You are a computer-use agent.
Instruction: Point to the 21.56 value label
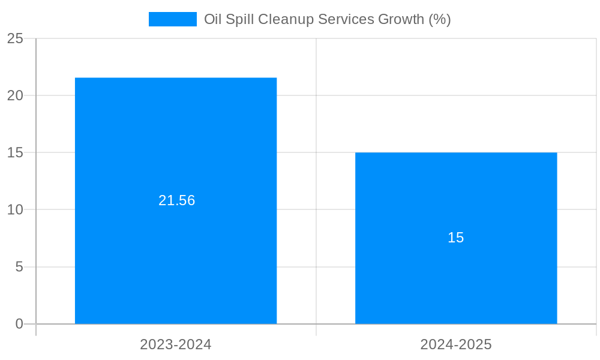point(176,200)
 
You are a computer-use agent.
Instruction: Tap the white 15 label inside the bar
point(456,238)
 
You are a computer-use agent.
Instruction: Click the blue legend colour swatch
point(172,19)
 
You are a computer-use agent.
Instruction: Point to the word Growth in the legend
point(401,19)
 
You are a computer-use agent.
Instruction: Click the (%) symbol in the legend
point(440,19)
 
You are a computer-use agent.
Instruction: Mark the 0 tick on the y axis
point(19,324)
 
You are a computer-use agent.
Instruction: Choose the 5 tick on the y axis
point(19,267)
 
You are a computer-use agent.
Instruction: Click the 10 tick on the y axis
point(16,210)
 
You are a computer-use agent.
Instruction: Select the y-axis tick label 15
point(16,152)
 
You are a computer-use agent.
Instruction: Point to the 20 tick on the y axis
point(16,95)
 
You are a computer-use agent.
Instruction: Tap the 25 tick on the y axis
point(16,38)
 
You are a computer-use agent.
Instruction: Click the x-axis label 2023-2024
point(176,344)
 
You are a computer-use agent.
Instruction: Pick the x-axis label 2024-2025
point(456,344)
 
